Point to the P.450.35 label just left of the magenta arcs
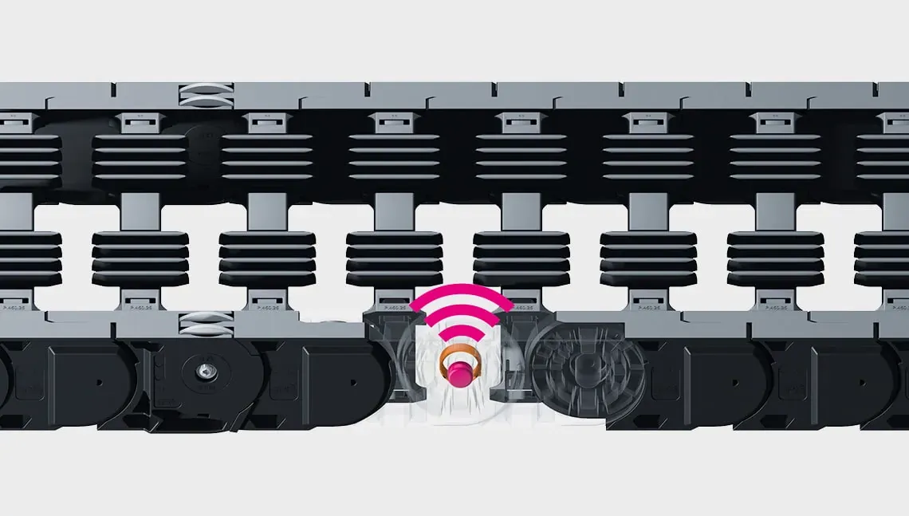point(395,306)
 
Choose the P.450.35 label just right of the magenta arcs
point(522,306)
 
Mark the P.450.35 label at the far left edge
point(14,306)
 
